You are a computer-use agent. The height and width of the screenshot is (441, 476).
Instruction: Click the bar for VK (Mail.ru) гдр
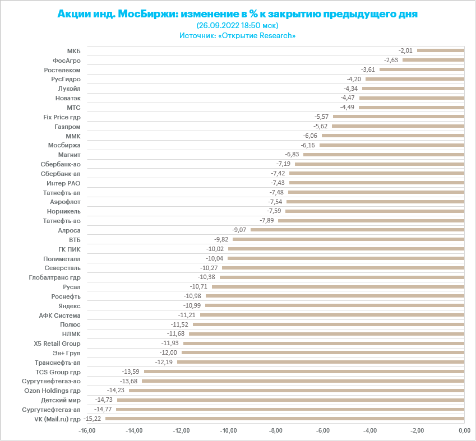(285, 419)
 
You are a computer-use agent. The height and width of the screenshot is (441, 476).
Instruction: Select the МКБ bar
(441, 50)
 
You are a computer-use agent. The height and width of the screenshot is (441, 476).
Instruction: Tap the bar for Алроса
(357, 230)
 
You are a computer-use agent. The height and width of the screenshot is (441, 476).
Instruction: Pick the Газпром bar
(398, 126)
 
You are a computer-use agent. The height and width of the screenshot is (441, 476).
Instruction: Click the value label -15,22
(93, 419)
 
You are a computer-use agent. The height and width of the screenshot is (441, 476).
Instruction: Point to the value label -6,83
(292, 154)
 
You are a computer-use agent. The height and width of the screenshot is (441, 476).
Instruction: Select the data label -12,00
(169, 352)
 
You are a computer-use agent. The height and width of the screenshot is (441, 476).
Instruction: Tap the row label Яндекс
(70, 305)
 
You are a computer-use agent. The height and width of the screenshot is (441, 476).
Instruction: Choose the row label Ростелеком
(62, 69)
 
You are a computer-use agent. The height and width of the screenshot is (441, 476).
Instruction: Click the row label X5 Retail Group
(57, 343)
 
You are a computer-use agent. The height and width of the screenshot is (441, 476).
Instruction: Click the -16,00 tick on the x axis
(87, 430)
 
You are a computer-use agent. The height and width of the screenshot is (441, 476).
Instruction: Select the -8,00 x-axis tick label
(276, 430)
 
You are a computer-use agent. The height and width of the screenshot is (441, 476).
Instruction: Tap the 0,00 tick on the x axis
(464, 430)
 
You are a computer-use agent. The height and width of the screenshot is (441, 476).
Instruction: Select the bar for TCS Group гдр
(304, 372)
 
